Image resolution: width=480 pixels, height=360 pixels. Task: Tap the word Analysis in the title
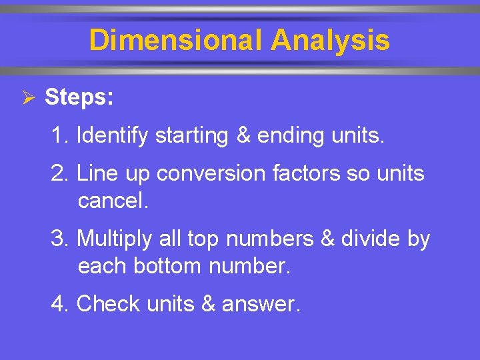click(x=330, y=40)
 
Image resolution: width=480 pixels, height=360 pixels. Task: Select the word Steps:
click(x=79, y=97)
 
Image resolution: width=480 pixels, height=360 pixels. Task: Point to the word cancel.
click(x=113, y=201)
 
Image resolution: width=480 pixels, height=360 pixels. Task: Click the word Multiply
click(x=115, y=239)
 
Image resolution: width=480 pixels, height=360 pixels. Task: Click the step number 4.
click(x=58, y=304)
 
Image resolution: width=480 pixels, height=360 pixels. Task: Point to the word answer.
click(x=261, y=305)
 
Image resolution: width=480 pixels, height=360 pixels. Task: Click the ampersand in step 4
click(x=209, y=304)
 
